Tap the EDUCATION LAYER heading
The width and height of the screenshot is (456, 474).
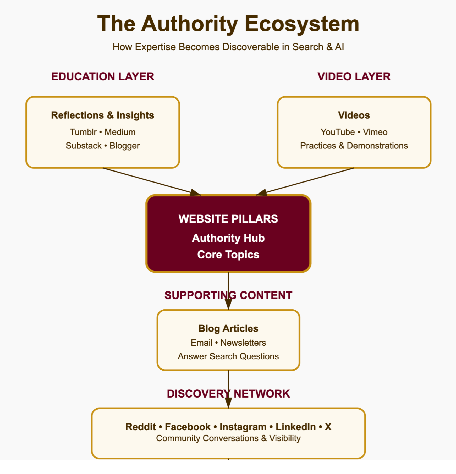pyautogui.click(x=103, y=77)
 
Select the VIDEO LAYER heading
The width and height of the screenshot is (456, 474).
pyautogui.click(x=354, y=77)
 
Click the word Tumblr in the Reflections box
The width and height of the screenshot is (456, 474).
pyautogui.click(x=83, y=132)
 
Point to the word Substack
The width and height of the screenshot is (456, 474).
pyautogui.click(x=84, y=146)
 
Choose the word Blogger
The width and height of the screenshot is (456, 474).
pyautogui.click(x=125, y=146)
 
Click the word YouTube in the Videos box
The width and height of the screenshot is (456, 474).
pyautogui.click(x=338, y=132)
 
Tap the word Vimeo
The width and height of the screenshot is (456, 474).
pyautogui.click(x=375, y=132)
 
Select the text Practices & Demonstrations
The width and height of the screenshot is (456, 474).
pyautogui.click(x=354, y=146)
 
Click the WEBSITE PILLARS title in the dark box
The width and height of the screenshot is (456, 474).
pyautogui.click(x=228, y=219)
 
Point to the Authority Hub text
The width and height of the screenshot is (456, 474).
pyautogui.click(x=228, y=238)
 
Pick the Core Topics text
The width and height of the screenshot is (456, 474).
pyautogui.click(x=228, y=255)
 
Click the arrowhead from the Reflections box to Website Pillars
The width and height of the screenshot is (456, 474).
pyautogui.click(x=195, y=193)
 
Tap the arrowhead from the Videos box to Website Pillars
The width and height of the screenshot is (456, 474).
pyautogui.click(x=261, y=193)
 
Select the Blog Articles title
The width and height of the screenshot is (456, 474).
pyautogui.click(x=228, y=328)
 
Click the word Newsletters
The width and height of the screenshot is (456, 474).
pyautogui.click(x=243, y=343)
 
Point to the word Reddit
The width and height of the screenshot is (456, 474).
pyautogui.click(x=141, y=427)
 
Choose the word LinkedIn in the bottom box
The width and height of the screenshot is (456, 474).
pyautogui.click(x=295, y=427)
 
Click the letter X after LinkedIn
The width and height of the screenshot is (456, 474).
pyautogui.click(x=328, y=427)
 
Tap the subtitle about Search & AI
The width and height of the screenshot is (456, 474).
pyautogui.click(x=228, y=47)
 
